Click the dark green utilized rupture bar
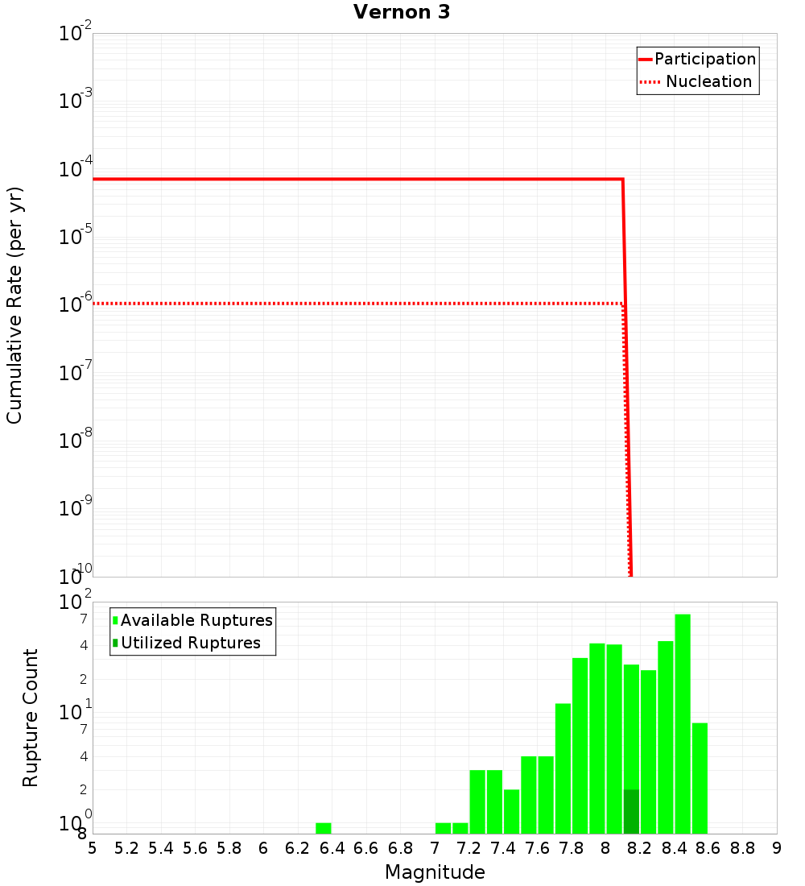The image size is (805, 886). click(x=631, y=812)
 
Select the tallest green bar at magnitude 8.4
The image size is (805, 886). click(x=683, y=723)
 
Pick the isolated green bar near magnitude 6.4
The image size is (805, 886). click(x=323, y=828)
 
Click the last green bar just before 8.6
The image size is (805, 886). click(x=700, y=778)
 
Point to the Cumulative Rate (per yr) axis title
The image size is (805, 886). click(x=14, y=305)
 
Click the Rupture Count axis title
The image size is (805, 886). click(x=31, y=718)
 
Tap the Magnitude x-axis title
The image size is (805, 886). click(x=435, y=872)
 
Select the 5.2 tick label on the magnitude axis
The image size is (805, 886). click(x=127, y=848)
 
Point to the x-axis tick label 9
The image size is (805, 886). click(x=777, y=848)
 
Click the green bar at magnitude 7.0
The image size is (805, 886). click(x=443, y=828)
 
